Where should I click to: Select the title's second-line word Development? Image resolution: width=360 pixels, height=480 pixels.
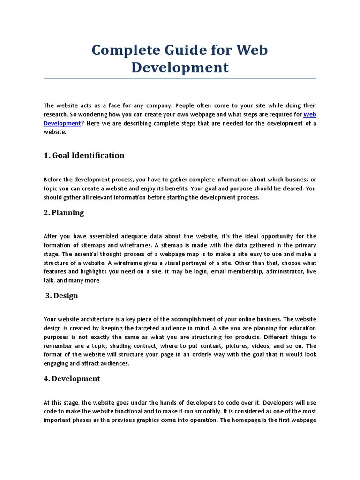(180, 67)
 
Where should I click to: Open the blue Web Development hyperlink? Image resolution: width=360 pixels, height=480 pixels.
(310, 115)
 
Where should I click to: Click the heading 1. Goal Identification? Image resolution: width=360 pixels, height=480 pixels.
(84, 156)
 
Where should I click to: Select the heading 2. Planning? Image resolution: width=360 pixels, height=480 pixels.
(64, 213)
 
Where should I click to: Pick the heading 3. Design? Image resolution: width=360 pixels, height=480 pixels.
(62, 296)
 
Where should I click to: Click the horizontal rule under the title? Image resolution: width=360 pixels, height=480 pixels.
(180, 78)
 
